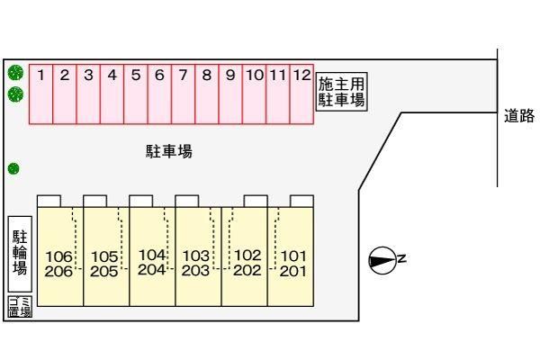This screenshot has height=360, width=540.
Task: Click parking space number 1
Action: tap(41, 94)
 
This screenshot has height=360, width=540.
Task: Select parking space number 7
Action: tap(184, 94)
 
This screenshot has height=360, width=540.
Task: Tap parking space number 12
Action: tap(301, 94)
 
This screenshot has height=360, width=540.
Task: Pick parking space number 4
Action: tap(112, 94)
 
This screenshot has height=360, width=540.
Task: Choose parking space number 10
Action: tap(254, 94)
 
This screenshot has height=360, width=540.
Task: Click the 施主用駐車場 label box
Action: tap(342, 92)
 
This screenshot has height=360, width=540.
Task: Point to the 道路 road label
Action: tap(519, 116)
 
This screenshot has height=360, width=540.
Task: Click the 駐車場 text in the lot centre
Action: tap(169, 151)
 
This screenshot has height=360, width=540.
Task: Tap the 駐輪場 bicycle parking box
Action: tap(20, 254)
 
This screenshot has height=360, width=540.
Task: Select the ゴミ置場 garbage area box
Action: tap(20, 306)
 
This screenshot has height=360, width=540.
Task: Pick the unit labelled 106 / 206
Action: tap(60, 256)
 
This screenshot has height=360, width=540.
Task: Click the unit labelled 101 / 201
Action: tap(291, 256)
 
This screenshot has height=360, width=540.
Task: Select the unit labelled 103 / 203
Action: tap(198, 256)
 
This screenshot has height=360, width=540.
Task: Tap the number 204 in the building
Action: tap(151, 270)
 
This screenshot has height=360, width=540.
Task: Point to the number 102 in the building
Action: tap(247, 256)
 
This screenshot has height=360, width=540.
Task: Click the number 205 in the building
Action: tap(104, 272)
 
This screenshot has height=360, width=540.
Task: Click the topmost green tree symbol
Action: tap(15, 73)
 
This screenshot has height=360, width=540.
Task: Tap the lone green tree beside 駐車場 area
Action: tap(13, 169)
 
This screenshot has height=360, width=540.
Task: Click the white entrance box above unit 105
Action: tap(95, 202)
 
